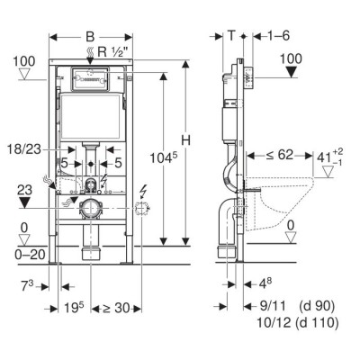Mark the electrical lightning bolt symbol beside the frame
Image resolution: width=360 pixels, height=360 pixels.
(x=146, y=190)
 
